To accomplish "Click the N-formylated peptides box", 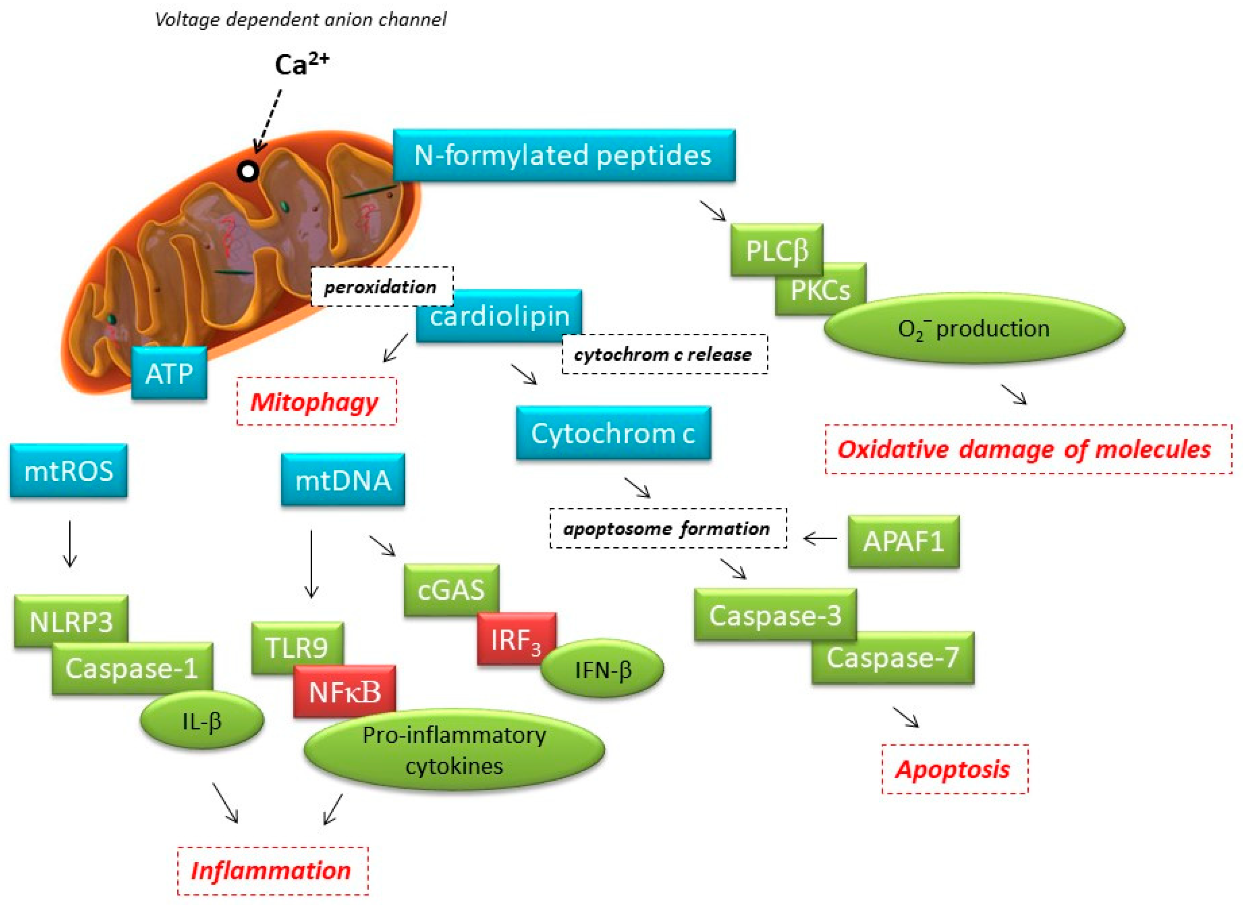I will [x=564, y=155].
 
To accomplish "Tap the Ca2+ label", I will [x=301, y=65].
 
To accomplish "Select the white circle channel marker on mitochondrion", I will [x=248, y=172].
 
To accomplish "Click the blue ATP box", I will [x=169, y=373].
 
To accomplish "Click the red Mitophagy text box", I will [x=316, y=402].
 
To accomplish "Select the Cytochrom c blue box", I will [x=613, y=433].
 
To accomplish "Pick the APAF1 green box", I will [x=903, y=541].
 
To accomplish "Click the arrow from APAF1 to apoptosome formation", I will [x=820, y=538].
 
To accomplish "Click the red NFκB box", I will [x=344, y=692].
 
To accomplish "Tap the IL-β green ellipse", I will [x=202, y=721].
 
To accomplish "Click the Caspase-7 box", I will [x=892, y=658].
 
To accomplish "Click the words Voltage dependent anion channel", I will [x=300, y=20].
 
